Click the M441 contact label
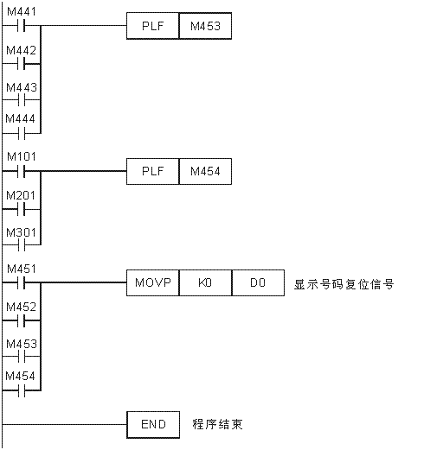(22, 12)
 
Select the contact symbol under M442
(21, 64)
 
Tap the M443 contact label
(22, 87)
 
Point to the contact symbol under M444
(21, 134)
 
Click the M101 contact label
(22, 157)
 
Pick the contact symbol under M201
(21, 209)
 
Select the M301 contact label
(22, 232)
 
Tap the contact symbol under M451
(21, 282)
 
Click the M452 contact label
(22, 307)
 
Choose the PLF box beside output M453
(153, 26)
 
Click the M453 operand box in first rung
(205, 26)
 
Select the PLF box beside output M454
(153, 171)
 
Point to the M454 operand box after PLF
(205, 171)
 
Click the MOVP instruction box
(153, 282)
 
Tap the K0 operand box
(205, 282)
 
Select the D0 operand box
(258, 282)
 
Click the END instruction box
(153, 425)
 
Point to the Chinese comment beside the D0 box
(343, 284)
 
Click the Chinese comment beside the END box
(218, 424)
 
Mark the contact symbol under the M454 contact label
(21, 390)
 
